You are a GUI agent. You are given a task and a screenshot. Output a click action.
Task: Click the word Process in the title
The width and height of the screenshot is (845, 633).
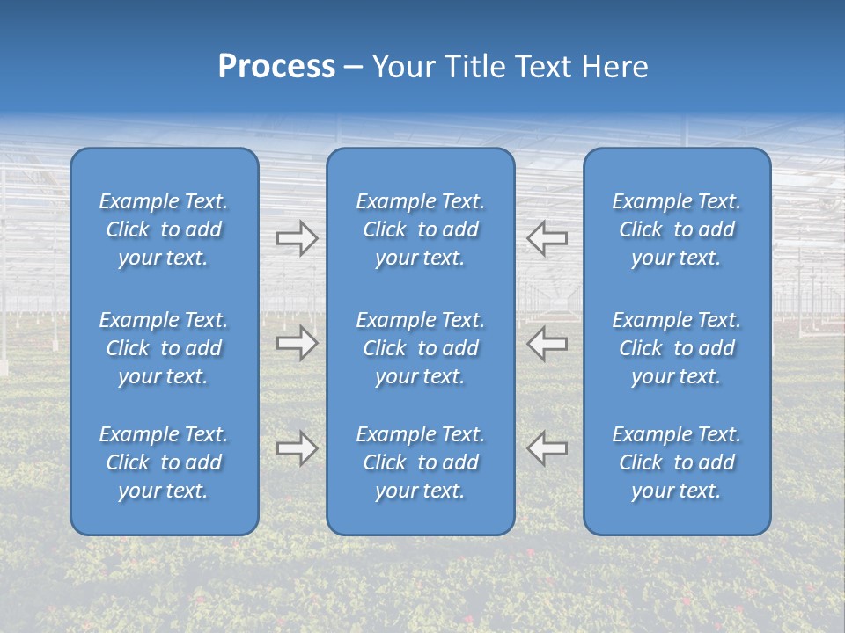click(276, 67)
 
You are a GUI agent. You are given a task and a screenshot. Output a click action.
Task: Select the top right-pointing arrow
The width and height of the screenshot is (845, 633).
click(297, 238)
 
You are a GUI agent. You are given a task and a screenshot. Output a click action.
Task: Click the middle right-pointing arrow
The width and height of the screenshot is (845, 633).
click(297, 344)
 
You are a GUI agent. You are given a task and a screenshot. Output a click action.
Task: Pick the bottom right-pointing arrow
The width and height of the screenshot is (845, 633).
click(297, 448)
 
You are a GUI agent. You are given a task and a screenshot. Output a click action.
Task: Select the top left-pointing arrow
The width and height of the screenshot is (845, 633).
click(547, 238)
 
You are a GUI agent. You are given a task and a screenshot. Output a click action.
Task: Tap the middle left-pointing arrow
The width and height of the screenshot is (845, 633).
click(547, 344)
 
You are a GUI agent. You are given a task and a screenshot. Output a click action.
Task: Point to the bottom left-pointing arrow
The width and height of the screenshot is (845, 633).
click(547, 448)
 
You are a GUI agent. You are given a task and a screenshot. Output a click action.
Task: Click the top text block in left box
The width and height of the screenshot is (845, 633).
click(164, 229)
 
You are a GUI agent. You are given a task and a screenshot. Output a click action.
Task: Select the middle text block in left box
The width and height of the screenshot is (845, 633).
click(164, 348)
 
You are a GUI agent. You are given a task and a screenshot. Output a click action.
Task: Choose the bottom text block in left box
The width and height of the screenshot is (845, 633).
click(164, 462)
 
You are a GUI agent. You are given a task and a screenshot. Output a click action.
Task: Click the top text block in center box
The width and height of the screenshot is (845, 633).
click(420, 229)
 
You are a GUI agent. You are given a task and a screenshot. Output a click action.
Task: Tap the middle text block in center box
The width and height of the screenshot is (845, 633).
click(420, 348)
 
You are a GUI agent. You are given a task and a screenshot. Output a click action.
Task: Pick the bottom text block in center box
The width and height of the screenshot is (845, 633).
click(420, 462)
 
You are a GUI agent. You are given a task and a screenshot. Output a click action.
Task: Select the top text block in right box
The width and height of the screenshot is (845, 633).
click(677, 229)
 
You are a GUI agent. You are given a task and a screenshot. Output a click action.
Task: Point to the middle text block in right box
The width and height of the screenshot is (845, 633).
click(677, 348)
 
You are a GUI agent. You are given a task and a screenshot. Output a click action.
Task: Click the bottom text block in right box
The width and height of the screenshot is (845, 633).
click(677, 462)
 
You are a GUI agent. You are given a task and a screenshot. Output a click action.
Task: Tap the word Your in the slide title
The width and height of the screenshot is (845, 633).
click(404, 67)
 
